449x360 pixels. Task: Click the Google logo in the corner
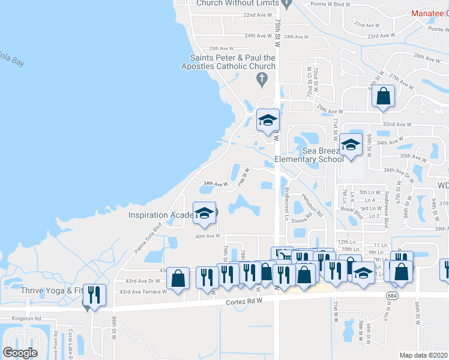pos(20,353)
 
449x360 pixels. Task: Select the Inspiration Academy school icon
pos(204,214)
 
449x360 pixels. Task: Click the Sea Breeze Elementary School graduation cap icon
pos(351,144)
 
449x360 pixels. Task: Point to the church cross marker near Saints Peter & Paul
pos(261,78)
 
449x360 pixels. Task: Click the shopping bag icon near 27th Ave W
pos(383,96)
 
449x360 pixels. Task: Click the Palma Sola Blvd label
pos(149,236)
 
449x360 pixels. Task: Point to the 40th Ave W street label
pos(208,236)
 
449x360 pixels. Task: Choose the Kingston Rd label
pos(29,318)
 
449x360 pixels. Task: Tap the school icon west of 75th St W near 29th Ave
pos(268,120)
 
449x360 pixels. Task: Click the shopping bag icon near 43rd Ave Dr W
pos(178,278)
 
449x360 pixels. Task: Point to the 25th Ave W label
pos(221,49)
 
